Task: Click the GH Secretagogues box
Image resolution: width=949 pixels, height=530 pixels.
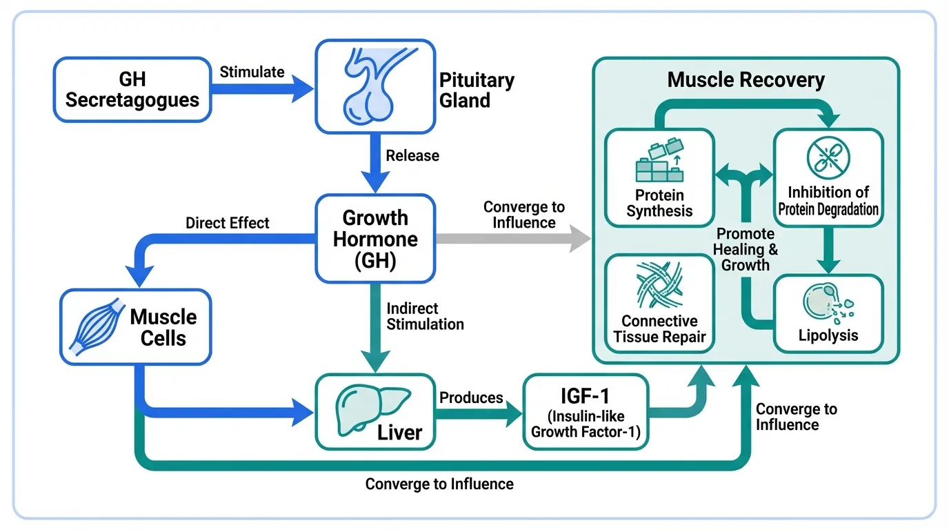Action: point(132,90)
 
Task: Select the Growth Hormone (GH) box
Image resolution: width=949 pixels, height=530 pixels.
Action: point(376,239)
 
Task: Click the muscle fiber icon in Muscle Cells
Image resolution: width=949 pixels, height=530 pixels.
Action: point(97,326)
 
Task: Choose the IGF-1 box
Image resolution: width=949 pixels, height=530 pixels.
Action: point(586,411)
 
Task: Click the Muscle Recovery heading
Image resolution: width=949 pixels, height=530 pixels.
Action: point(746,79)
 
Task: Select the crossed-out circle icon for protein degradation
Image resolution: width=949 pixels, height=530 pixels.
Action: point(828,155)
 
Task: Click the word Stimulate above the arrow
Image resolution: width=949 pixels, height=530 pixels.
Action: point(252,72)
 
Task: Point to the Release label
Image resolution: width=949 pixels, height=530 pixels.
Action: point(412,155)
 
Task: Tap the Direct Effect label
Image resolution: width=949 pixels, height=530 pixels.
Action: point(228,223)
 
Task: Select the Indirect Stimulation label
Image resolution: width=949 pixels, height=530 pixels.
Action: point(425,316)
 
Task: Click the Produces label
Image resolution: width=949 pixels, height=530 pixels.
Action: point(471,397)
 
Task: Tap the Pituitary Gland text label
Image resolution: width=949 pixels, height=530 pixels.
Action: point(477,90)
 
